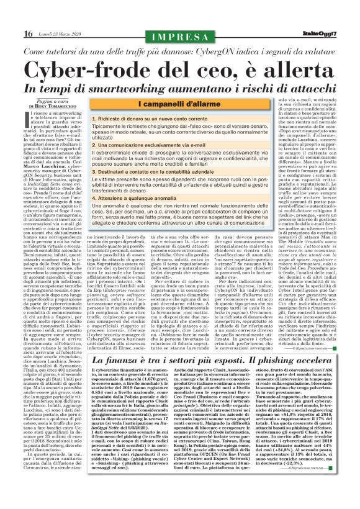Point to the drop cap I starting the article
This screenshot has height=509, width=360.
(x=24, y=99)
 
